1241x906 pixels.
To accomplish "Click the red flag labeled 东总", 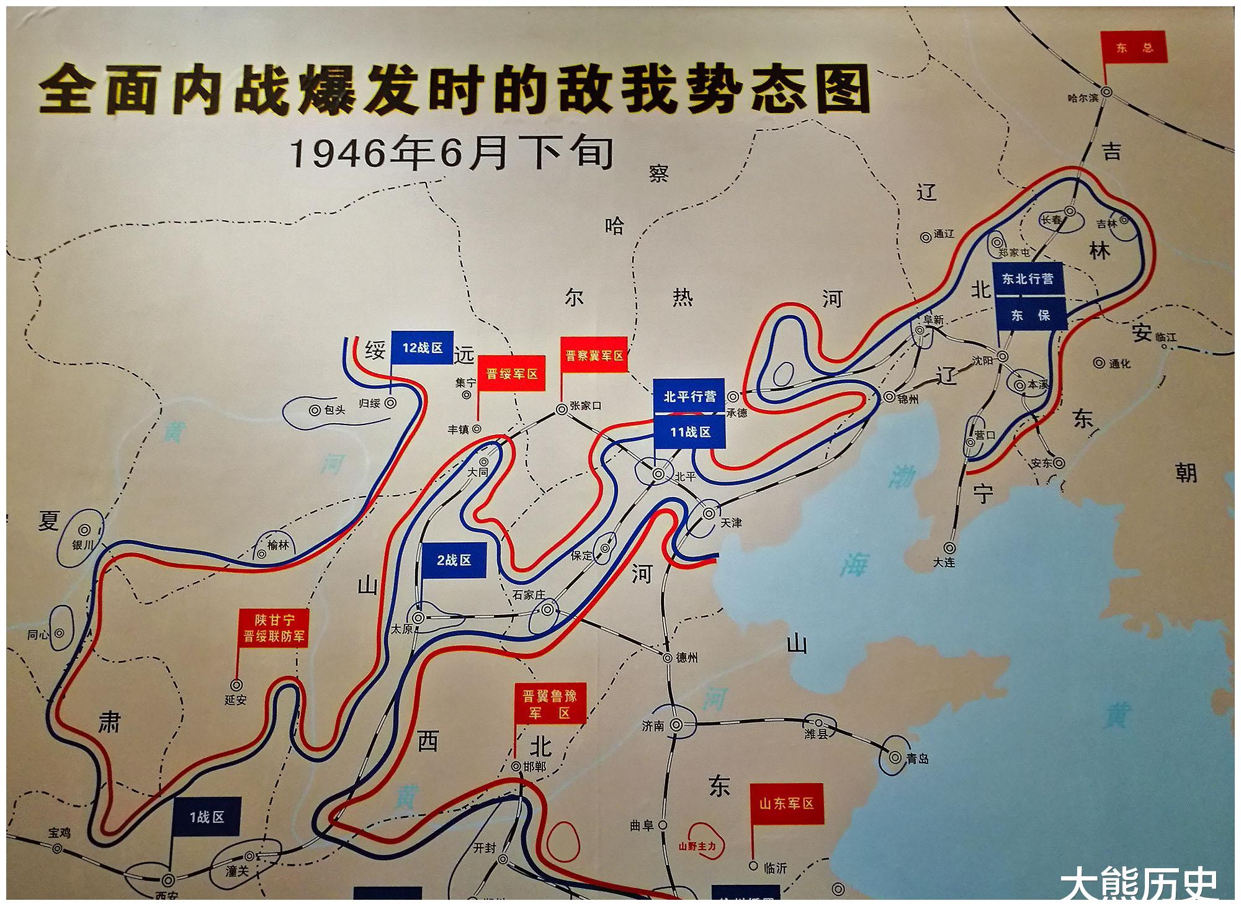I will point(1133,47).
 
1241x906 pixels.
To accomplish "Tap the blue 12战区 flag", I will point(422,348).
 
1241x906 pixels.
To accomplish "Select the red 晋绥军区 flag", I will point(511,374).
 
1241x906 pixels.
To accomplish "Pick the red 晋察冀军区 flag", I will point(594,355).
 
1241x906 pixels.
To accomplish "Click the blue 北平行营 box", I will point(689,396).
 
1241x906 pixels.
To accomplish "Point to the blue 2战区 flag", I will point(454,560).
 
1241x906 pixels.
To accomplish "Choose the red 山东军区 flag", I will point(786,804).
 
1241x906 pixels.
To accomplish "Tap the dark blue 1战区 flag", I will point(207,817).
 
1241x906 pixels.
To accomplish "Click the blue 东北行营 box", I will point(1028,279).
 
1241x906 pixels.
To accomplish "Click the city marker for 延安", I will point(236,685).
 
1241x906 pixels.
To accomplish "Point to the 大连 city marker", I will point(949,548).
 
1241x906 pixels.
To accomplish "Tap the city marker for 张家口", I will point(562,409).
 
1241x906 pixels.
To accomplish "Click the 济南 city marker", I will point(676,724).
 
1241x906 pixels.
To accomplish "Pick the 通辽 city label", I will point(944,234).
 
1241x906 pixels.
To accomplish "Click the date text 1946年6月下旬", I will point(452,153).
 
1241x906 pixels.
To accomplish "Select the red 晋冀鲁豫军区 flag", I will point(550,704).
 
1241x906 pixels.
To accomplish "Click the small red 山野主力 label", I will point(697,846).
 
